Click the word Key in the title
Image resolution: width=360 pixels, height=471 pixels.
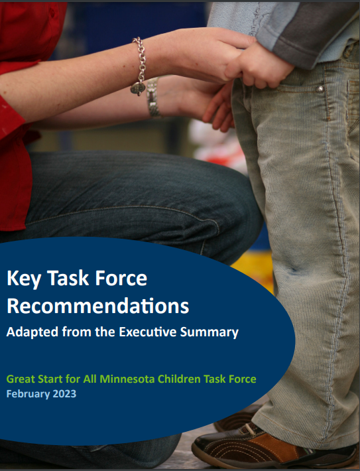pos(23,279)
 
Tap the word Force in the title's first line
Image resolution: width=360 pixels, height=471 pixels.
pos(119,279)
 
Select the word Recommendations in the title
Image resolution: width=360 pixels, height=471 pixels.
pos(97,306)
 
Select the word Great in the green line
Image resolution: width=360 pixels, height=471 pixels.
pos(20,379)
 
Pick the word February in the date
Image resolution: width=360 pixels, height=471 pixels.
pos(28,394)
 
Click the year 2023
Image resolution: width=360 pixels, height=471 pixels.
pos(64,394)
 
